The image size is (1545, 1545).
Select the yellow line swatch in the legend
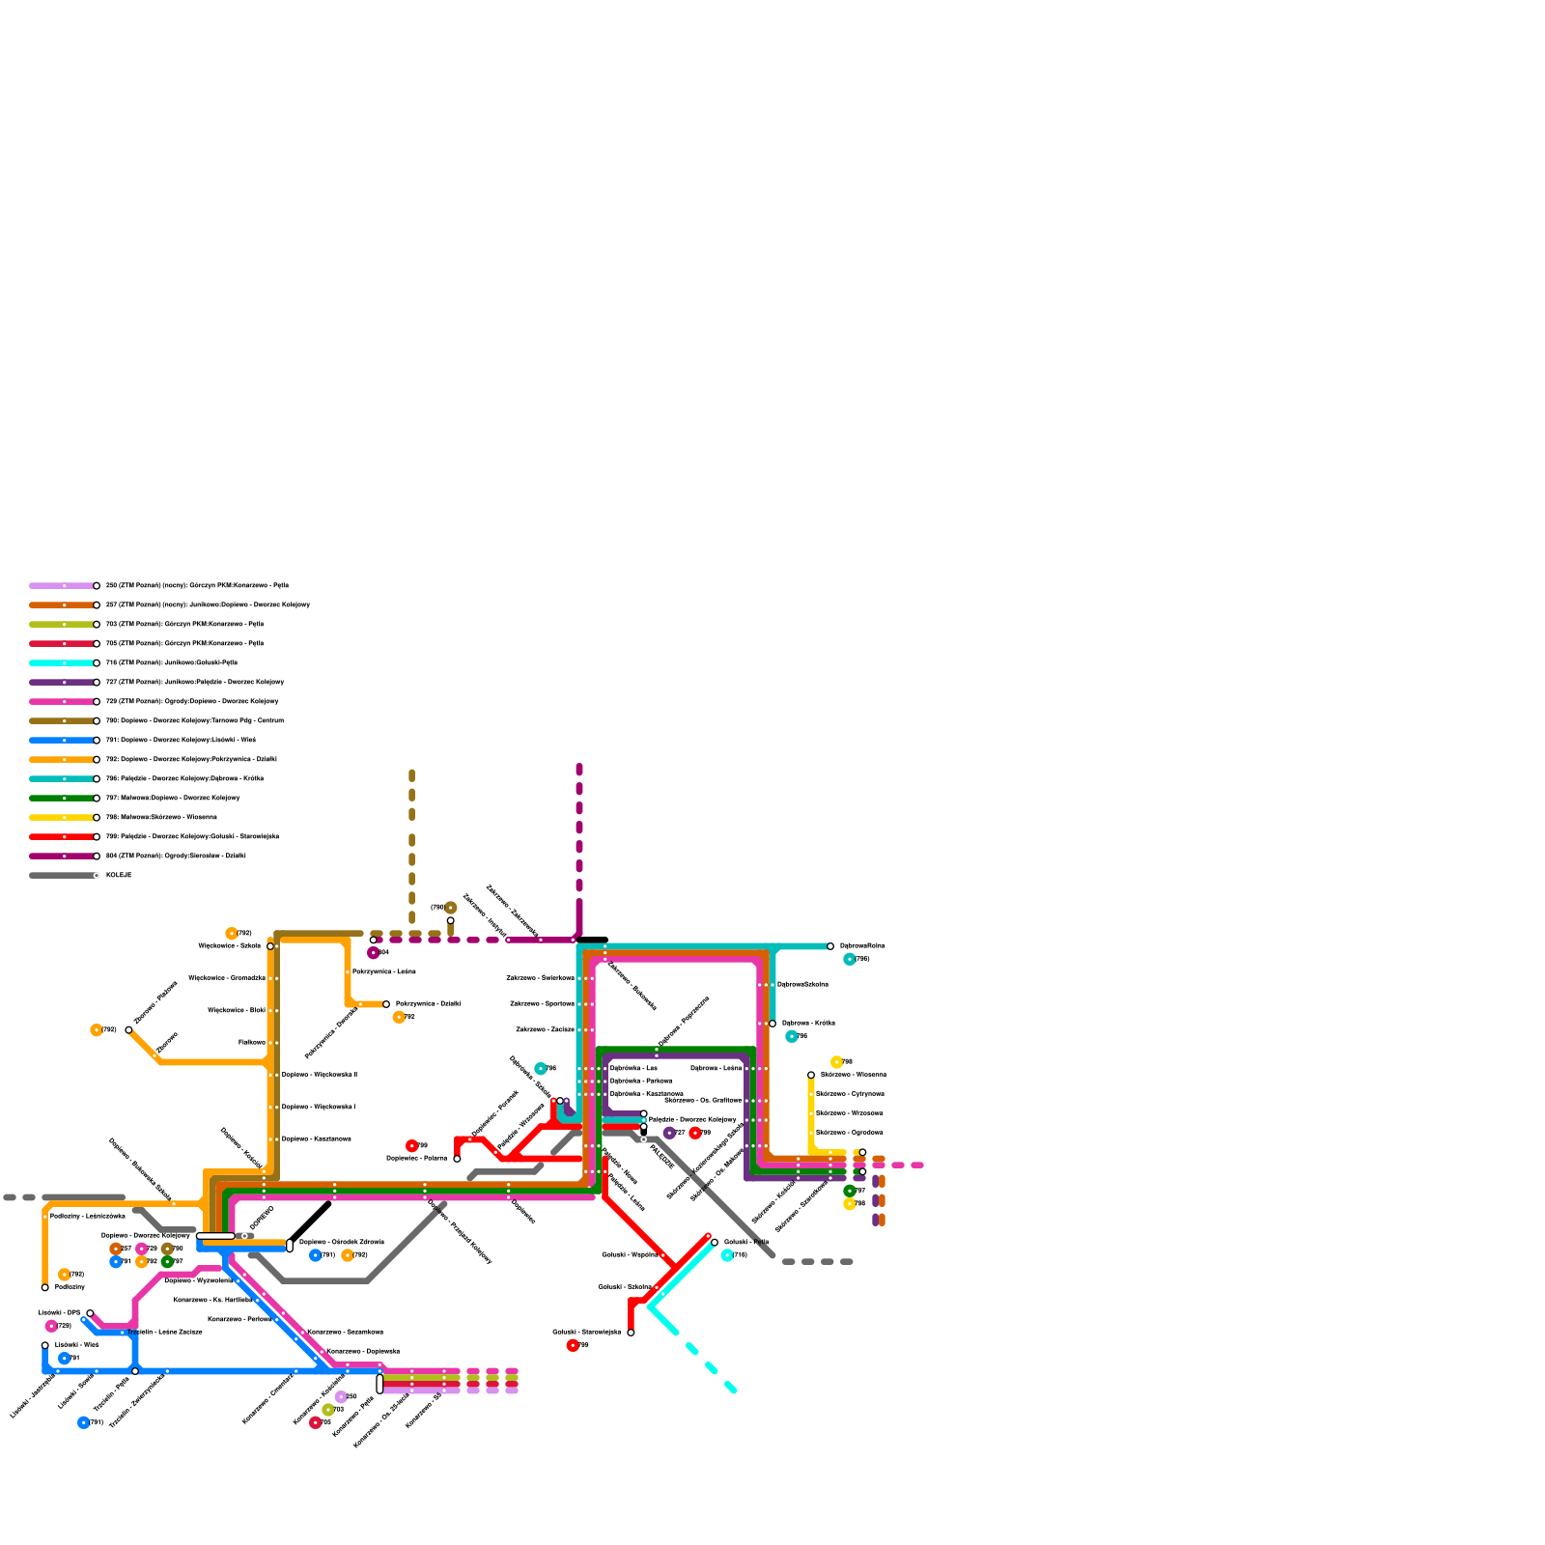(x=62, y=817)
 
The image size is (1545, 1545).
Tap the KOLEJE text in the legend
(x=119, y=875)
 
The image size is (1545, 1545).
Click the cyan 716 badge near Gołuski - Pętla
(x=727, y=1255)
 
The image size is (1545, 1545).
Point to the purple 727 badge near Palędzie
(x=669, y=1133)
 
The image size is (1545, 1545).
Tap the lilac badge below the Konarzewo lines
(x=340, y=1396)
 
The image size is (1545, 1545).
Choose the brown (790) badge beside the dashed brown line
(x=450, y=908)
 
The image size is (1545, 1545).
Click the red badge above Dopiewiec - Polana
(x=412, y=1146)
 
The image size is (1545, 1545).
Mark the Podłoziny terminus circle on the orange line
(x=45, y=1287)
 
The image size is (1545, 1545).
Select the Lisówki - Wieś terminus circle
(x=45, y=1345)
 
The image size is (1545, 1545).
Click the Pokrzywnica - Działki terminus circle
(x=386, y=1004)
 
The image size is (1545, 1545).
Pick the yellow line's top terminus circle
(x=811, y=1075)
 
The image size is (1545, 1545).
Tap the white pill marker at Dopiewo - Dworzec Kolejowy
(x=215, y=1236)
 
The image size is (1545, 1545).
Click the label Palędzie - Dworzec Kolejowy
(x=691, y=1120)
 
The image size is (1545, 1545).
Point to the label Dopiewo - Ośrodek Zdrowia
(x=341, y=1242)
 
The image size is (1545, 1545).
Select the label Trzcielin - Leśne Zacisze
(x=164, y=1332)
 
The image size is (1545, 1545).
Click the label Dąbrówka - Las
(x=633, y=1068)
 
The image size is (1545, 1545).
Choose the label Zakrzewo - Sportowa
(x=542, y=1003)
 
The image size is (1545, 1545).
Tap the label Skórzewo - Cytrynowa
(x=850, y=1094)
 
